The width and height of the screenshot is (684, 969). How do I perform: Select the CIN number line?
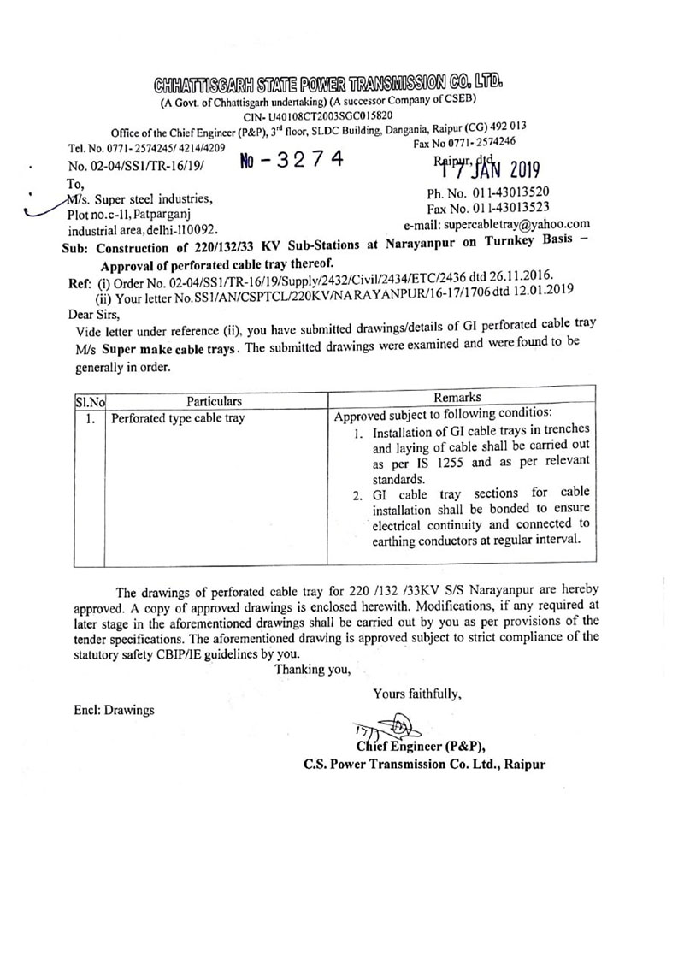point(318,115)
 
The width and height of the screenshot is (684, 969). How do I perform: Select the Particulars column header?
point(215,399)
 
